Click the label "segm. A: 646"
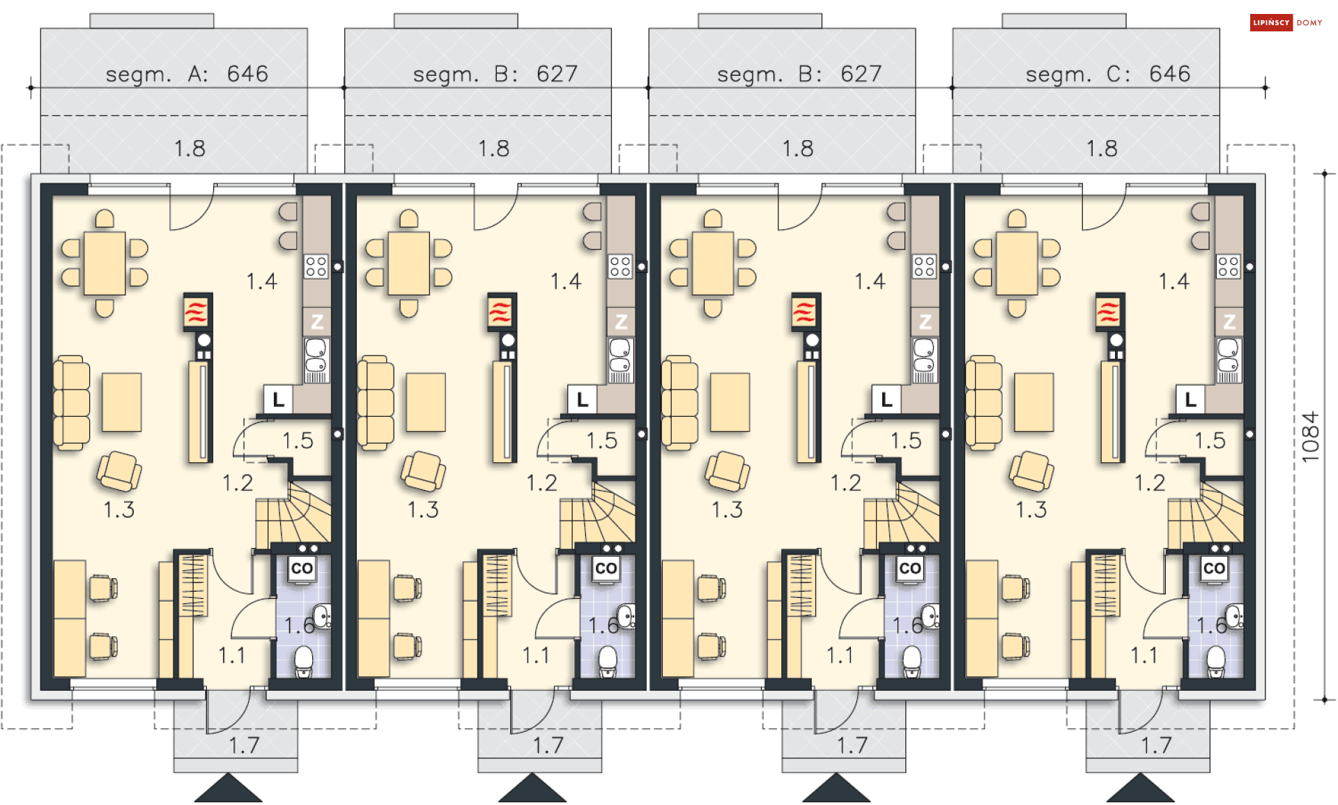[x=187, y=74]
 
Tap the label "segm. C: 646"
[x=1108, y=74]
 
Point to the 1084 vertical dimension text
[x=1310, y=437]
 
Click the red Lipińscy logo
[x=1271, y=23]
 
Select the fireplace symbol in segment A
[x=197, y=311]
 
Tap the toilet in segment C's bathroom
[x=1216, y=661]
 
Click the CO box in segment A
[x=302, y=569]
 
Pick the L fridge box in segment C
[x=1190, y=400]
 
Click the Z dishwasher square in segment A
[x=317, y=322]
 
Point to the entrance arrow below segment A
[x=228, y=788]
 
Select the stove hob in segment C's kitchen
[x=1229, y=266]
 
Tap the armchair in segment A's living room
[x=119, y=472]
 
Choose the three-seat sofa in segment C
[x=983, y=402]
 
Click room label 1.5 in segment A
[x=298, y=440]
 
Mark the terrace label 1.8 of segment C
[x=1102, y=148]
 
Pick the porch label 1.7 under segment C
[x=1156, y=746]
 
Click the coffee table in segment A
[x=122, y=402]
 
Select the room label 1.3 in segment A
[x=119, y=509]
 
